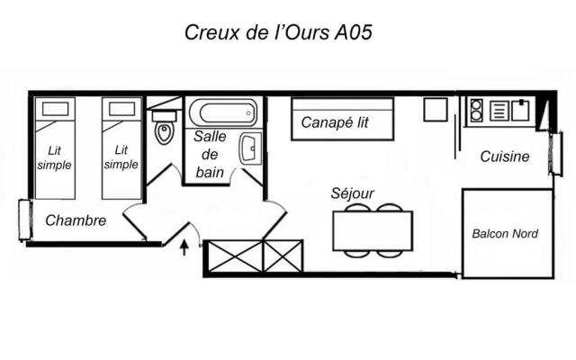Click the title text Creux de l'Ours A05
tap(278, 32)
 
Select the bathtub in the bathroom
tap(223, 113)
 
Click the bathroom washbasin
tap(249, 147)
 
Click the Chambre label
tap(76, 220)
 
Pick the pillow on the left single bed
tap(56, 110)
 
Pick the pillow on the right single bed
tap(121, 110)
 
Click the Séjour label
tap(352, 193)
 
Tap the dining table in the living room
tap(373, 230)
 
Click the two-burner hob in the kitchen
tap(476, 111)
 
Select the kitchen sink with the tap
tap(520, 111)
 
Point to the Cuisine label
tap(504, 157)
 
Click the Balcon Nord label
tap(505, 234)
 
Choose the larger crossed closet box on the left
tap(233, 256)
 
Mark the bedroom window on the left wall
tap(22, 219)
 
